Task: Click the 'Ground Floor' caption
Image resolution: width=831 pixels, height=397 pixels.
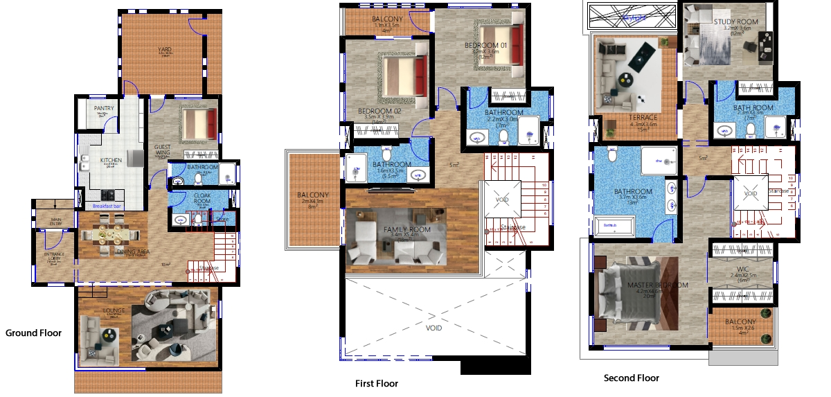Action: [33, 333]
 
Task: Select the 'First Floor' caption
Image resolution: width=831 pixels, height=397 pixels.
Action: [376, 383]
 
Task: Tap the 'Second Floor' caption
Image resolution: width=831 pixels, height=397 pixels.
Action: [631, 378]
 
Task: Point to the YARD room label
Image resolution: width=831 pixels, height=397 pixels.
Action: [164, 50]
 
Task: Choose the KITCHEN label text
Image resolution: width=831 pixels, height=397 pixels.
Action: [111, 160]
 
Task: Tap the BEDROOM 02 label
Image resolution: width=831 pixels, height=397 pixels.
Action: [379, 111]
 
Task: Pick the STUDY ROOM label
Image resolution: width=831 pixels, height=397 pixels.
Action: [735, 22]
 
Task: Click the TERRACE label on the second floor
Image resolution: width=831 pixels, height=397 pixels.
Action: [643, 118]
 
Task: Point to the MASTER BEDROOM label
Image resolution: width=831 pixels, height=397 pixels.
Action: [657, 285]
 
